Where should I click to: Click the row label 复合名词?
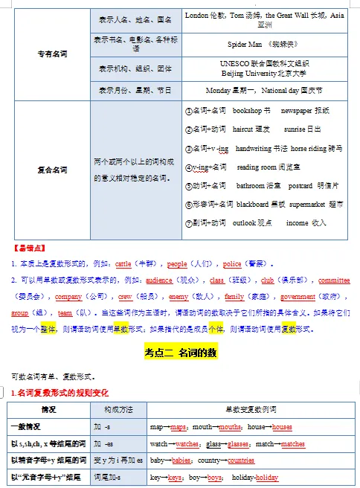pyautogui.click(x=51, y=170)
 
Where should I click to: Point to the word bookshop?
pyautogui.click(x=247, y=110)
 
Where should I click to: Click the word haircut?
pyautogui.click(x=242, y=129)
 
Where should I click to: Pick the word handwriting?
pyautogui.click(x=254, y=148)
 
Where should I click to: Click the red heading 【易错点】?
pyautogui.click(x=28, y=246)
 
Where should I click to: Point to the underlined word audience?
pyautogui.click(x=159, y=281)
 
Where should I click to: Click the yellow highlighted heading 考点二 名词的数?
pyautogui.click(x=181, y=353)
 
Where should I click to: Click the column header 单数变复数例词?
pyautogui.click(x=252, y=411)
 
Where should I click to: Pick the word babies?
pyautogui.click(x=182, y=460)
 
